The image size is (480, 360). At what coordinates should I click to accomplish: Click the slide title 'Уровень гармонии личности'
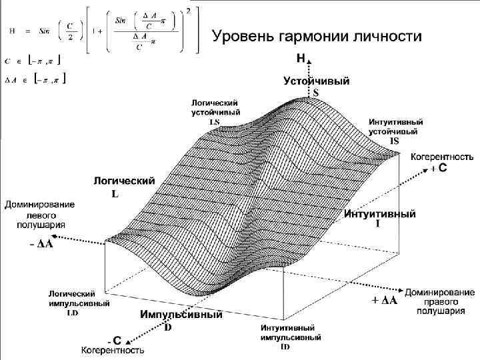coord(317,36)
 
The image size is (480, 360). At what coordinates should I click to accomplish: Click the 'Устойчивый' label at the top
coord(316,81)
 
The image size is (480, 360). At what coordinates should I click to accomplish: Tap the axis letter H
coord(301,59)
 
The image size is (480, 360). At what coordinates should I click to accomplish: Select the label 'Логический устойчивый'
coord(215,108)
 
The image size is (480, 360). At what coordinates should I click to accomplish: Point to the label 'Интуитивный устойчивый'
coord(396,127)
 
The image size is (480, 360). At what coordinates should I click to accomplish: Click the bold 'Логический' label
coord(124,181)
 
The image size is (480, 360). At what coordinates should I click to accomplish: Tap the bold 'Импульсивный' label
coord(181,315)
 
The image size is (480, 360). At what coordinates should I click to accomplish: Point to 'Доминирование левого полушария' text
coord(40,214)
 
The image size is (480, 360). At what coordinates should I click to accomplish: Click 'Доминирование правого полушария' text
coord(439,301)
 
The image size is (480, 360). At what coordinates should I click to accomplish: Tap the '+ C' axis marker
coord(438,169)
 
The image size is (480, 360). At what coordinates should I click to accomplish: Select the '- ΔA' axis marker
coord(41,245)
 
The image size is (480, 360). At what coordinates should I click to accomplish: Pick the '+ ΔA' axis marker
coord(384,301)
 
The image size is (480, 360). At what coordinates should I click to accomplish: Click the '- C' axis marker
coord(113,339)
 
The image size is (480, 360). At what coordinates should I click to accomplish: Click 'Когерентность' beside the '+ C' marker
coord(441,157)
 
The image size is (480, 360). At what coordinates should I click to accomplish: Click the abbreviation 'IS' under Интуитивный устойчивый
coord(395,141)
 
